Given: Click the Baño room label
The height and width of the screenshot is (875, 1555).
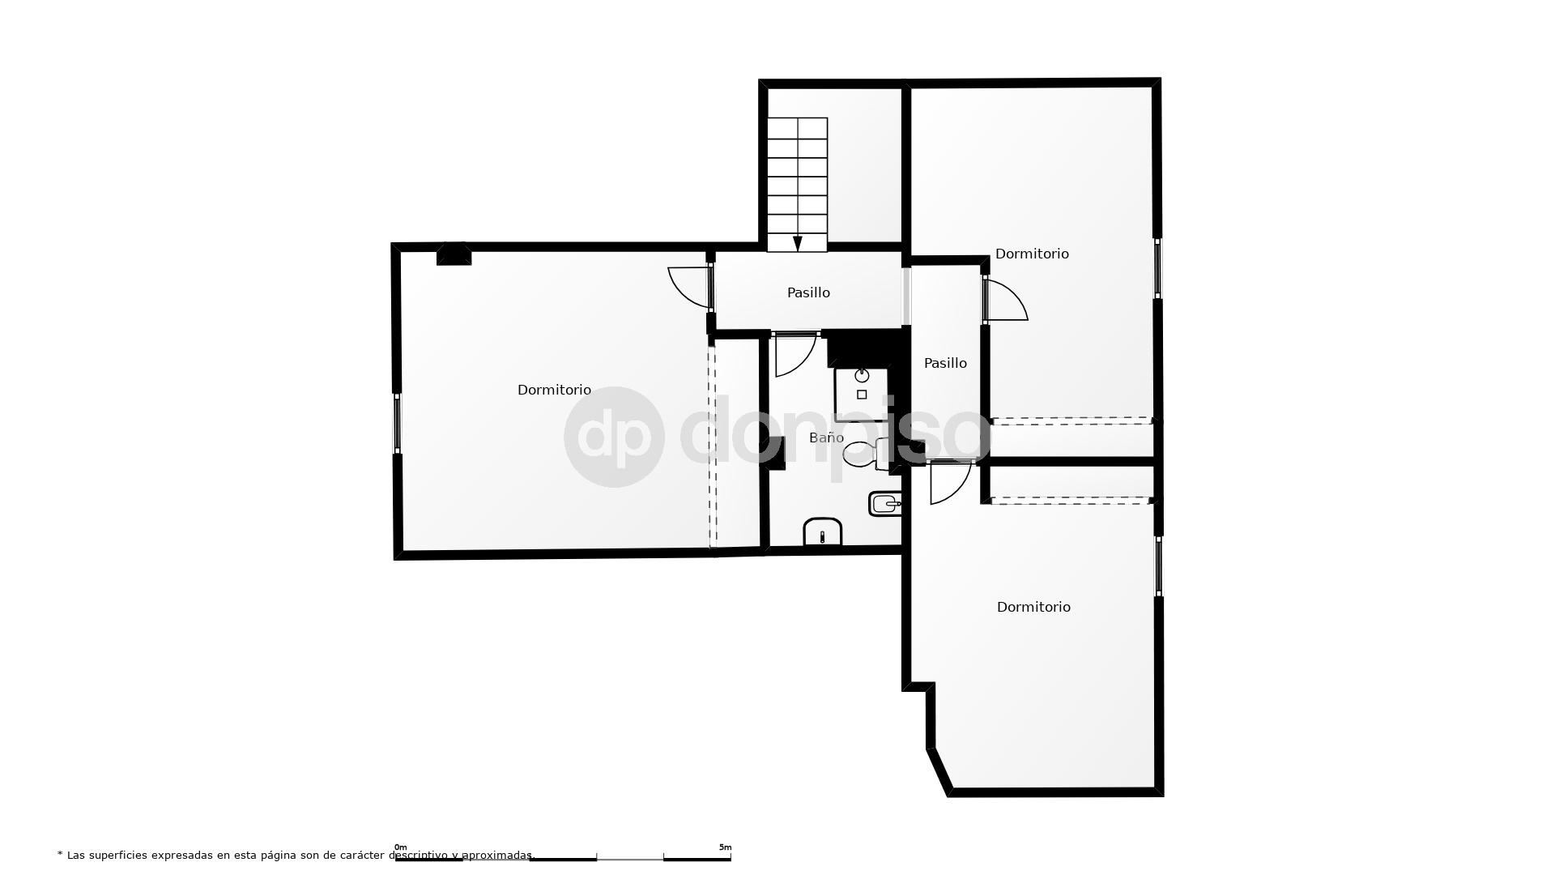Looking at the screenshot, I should (x=826, y=437).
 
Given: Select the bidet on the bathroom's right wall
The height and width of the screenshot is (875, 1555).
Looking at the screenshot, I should (x=885, y=504).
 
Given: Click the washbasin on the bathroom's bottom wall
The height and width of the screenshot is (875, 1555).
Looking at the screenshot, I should (x=823, y=532).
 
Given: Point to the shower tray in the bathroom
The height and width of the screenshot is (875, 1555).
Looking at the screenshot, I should (x=862, y=394).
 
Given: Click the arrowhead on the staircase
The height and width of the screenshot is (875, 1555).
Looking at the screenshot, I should (x=798, y=243).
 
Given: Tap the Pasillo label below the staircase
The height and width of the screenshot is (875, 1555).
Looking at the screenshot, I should (x=808, y=292).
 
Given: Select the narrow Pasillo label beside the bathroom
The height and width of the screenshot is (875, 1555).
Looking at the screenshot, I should (x=945, y=363).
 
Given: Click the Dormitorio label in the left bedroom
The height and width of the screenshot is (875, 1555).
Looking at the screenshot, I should (x=554, y=390).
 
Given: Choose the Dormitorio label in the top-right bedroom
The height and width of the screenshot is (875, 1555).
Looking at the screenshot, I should (x=1032, y=254).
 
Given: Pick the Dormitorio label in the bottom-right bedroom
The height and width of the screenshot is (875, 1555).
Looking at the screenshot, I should (x=1033, y=607).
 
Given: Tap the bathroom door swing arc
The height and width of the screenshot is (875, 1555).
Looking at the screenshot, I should (x=795, y=356).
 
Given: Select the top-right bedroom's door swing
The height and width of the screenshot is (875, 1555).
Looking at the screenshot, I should (x=1008, y=299).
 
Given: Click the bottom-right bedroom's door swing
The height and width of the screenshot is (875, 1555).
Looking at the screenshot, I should (x=950, y=483).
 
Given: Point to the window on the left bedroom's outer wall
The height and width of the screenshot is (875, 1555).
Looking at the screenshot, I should (x=397, y=422).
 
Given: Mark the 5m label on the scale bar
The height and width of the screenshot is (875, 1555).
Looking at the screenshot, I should (x=725, y=847).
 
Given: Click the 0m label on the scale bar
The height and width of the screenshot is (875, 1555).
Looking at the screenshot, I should (x=400, y=847).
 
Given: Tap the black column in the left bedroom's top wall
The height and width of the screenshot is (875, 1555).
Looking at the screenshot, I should (x=454, y=254).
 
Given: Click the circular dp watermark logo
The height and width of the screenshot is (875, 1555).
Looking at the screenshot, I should (x=614, y=437).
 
